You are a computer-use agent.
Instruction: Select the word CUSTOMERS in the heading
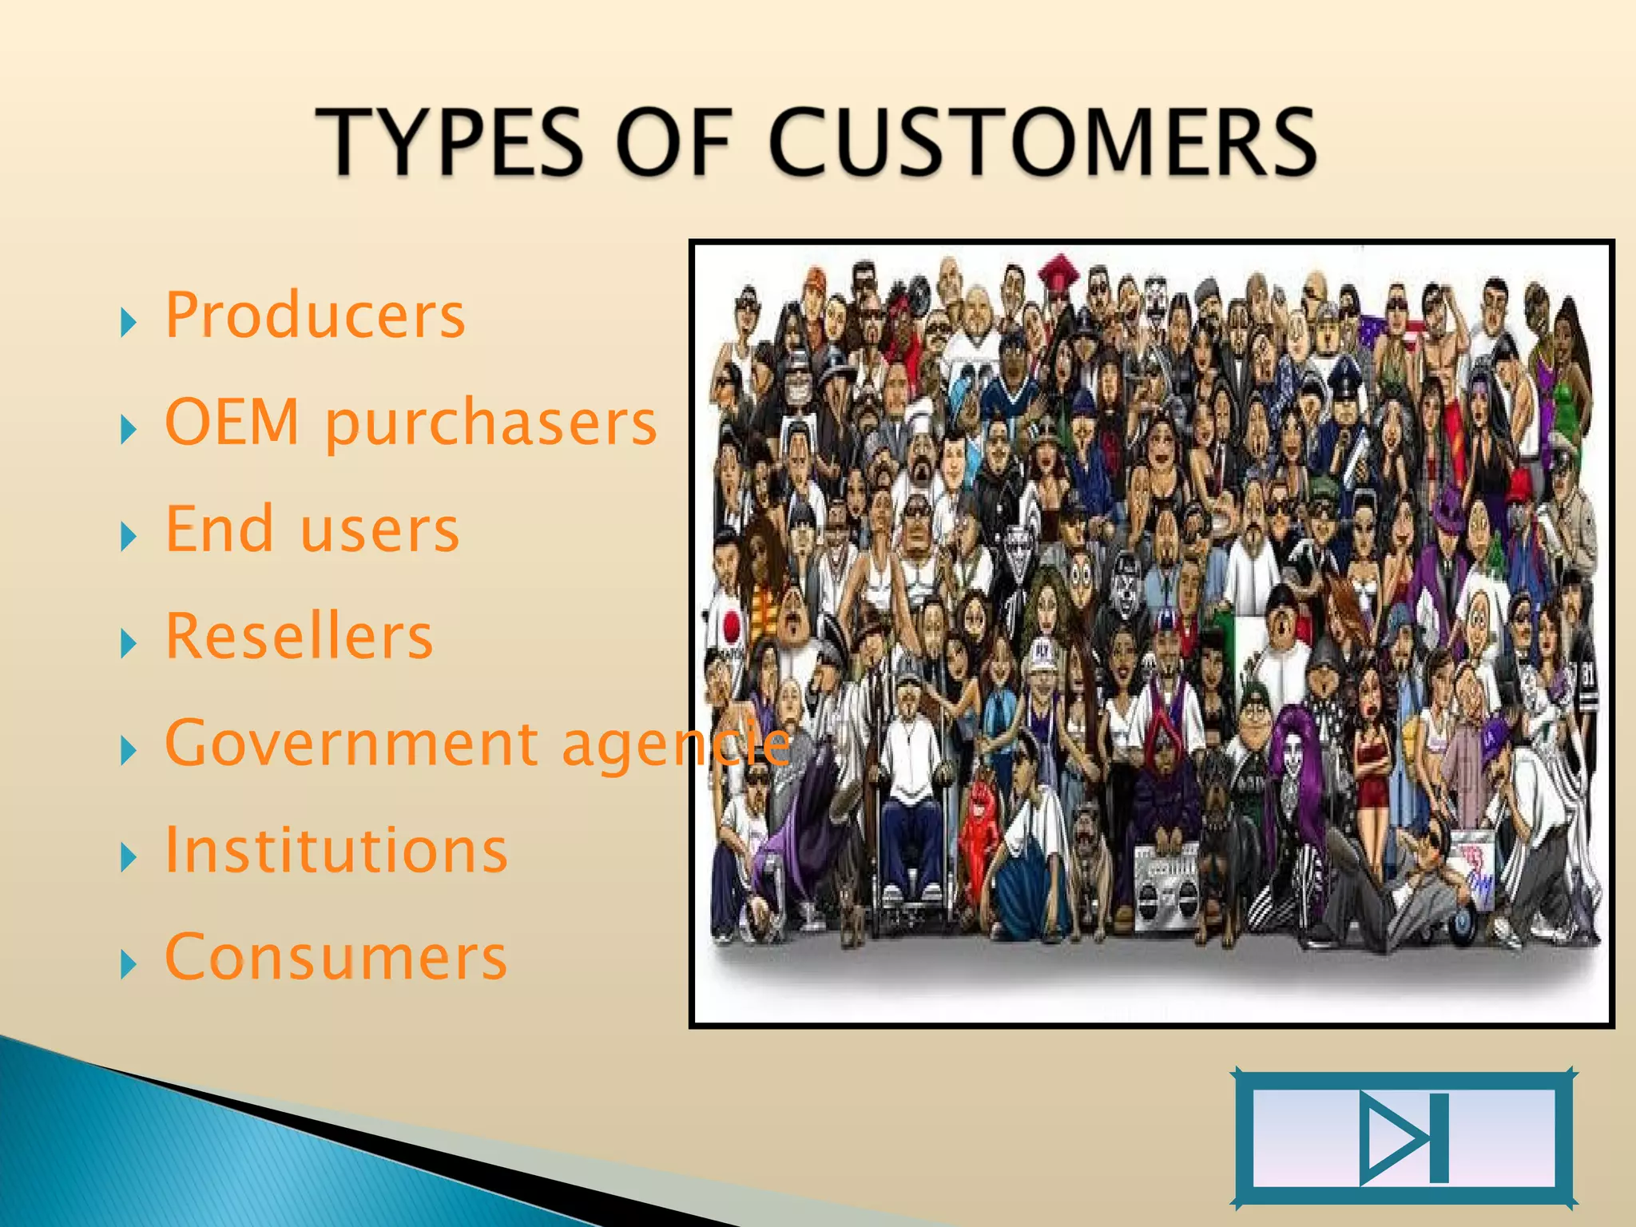pyautogui.click(x=1042, y=142)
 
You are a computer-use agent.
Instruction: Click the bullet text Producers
pyautogui.click(x=315, y=316)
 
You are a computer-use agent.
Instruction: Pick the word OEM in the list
pyautogui.click(x=232, y=422)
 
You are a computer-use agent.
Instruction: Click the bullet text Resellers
pyautogui.click(x=299, y=636)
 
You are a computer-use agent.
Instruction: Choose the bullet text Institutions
pyautogui.click(x=336, y=850)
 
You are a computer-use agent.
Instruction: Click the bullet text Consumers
pyautogui.click(x=336, y=957)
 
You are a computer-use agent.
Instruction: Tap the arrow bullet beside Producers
pyautogui.click(x=128, y=323)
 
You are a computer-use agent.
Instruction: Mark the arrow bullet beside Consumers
pyautogui.click(x=128, y=964)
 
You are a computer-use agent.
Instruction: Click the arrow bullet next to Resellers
pyautogui.click(x=128, y=643)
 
